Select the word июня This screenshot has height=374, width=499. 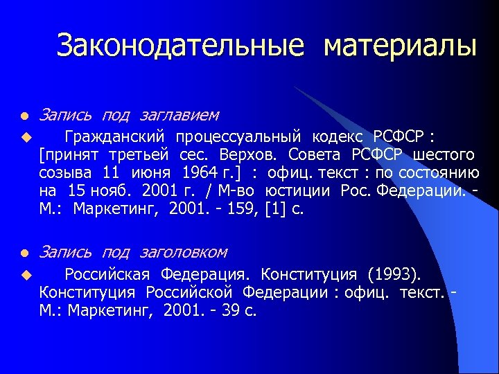(152, 171)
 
